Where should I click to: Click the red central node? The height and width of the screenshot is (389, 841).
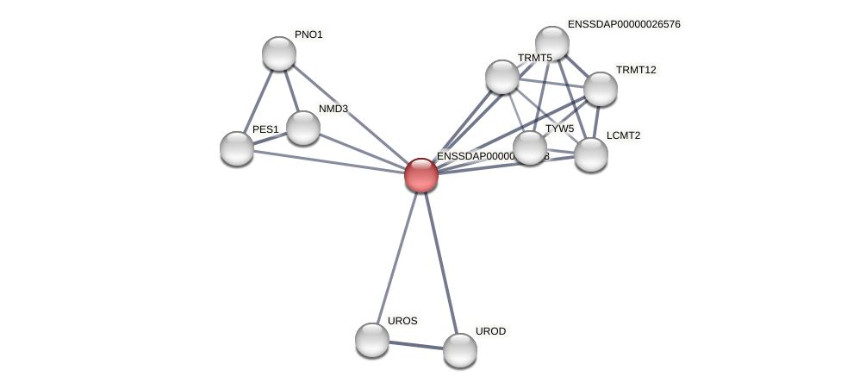point(421,174)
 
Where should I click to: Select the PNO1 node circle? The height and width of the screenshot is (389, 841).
point(279,53)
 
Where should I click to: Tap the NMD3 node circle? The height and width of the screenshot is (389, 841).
point(303,128)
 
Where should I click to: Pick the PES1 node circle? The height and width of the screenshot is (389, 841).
point(237,148)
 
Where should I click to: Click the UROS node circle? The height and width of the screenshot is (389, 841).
point(372,340)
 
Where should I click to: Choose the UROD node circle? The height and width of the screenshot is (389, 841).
point(460,350)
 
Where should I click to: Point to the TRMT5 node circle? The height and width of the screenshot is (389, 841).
point(502,77)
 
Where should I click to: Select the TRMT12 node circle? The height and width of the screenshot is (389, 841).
point(601,89)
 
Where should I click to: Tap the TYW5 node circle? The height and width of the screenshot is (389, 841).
point(530,147)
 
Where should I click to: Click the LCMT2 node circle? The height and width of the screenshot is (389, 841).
point(591,154)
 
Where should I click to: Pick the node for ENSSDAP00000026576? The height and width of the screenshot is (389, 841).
point(552,43)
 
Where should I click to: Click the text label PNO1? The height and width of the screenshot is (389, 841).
point(308,35)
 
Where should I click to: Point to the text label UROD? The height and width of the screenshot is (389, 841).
point(491,331)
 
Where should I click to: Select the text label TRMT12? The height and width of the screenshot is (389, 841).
point(636,70)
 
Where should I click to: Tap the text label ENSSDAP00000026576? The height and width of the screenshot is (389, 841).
point(624,24)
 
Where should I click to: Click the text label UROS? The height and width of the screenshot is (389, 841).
point(402,321)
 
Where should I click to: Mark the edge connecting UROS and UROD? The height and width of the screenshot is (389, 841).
point(416,345)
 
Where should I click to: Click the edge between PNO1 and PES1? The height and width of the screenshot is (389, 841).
point(258,101)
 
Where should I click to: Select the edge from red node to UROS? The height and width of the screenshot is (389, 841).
point(396,257)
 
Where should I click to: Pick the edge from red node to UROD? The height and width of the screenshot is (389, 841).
point(440,262)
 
